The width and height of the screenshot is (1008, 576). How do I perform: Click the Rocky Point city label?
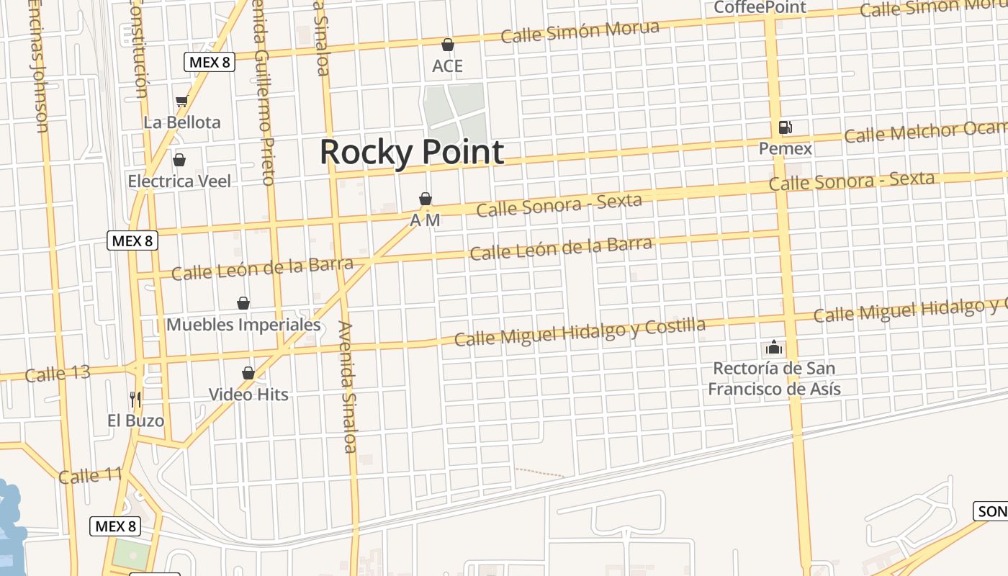pos(411,153)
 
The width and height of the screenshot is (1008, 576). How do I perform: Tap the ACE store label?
pos(447,66)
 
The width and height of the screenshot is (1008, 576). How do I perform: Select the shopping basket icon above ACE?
pos(448,45)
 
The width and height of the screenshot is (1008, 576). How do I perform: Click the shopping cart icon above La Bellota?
pos(181,101)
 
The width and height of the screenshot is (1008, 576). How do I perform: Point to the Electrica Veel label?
pos(179,181)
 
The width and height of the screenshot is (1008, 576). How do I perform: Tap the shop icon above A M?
pos(426,199)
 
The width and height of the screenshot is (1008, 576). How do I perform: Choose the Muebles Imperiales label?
pos(243,325)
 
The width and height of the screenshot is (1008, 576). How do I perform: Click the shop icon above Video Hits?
pos(248,373)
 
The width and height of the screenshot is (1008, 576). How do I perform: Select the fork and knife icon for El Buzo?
pos(135,399)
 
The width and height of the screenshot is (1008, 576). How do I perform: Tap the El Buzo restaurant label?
pos(135,420)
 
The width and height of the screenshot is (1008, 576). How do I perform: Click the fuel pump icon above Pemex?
pos(786,127)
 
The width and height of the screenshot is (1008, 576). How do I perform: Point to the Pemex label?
pos(786,149)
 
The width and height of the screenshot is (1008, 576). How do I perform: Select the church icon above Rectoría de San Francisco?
pos(774,348)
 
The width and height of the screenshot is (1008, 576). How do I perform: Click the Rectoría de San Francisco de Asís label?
pos(774,379)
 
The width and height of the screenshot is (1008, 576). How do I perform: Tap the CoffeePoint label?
pos(760,7)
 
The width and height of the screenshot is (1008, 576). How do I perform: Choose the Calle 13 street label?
pos(58,374)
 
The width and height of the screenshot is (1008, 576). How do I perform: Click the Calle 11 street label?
pos(90,476)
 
